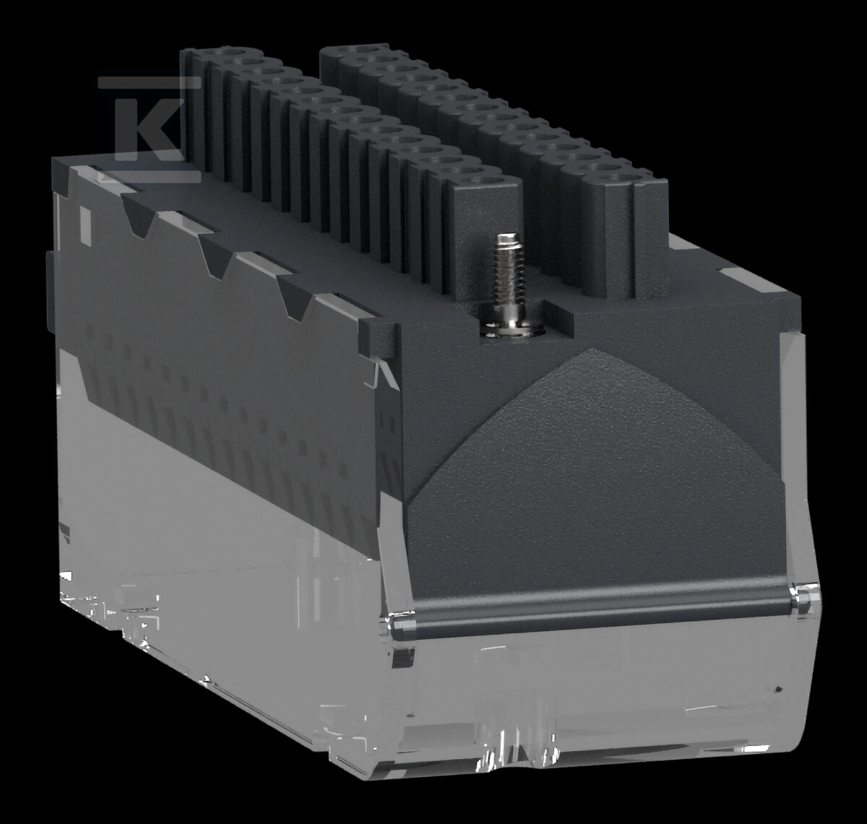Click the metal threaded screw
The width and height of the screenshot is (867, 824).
point(509,282)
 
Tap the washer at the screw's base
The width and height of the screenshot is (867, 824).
point(513,329)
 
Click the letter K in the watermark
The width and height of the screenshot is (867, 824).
point(149,129)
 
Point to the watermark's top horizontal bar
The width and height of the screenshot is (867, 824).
point(149,82)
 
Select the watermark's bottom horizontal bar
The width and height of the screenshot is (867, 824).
point(149,177)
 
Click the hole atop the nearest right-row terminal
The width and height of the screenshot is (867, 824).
point(618,177)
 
